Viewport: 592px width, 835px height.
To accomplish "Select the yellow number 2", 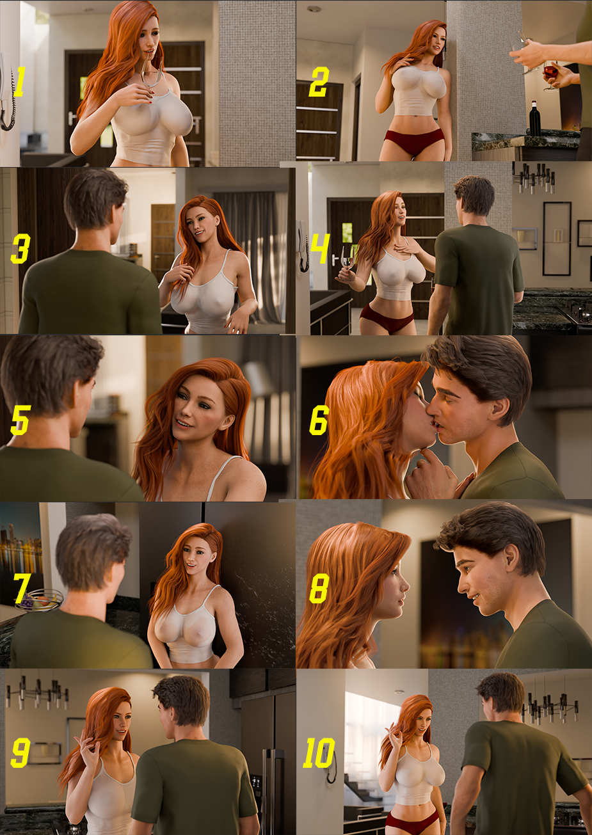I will pyautogui.click(x=318, y=83).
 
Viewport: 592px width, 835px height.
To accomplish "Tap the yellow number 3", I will pyautogui.click(x=19, y=250).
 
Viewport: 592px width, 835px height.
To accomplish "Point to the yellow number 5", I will pyautogui.click(x=20, y=419).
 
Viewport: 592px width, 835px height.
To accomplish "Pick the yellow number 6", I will pyautogui.click(x=319, y=420).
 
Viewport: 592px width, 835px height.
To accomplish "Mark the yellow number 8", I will pyautogui.click(x=318, y=589).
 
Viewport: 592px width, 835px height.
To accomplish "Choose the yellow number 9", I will pyautogui.click(x=20, y=753).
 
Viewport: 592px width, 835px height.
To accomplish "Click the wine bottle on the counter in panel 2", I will pyautogui.click(x=534, y=118).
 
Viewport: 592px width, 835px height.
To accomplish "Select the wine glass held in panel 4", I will pyautogui.click(x=348, y=258).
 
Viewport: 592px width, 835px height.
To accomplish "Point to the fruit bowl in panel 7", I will pyautogui.click(x=40, y=600).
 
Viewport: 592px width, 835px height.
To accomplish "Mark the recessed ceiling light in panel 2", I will pyautogui.click(x=313, y=9).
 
